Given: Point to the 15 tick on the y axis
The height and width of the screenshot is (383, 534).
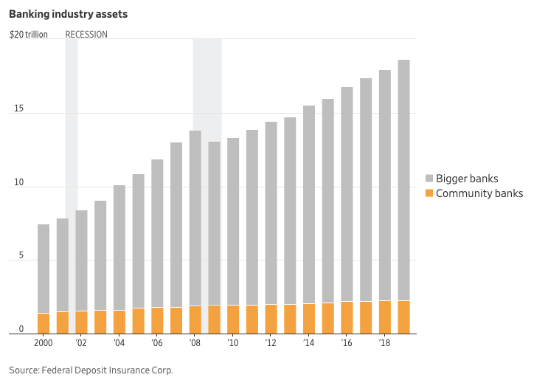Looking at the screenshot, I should [19, 109].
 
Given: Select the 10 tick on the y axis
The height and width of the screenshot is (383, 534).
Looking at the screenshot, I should [19, 183].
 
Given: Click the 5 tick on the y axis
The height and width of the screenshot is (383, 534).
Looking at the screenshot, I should [21, 257].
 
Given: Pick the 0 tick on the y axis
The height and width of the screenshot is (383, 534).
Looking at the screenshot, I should [21, 330].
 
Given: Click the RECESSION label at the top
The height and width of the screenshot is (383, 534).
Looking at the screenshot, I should [86, 35].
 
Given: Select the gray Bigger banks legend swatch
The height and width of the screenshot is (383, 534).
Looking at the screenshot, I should [430, 179].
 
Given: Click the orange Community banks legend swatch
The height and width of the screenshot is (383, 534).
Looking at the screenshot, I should [430, 193].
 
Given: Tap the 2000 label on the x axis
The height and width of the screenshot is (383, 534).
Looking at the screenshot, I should [44, 343].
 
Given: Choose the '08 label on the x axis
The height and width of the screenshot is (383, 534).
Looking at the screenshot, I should [195, 343].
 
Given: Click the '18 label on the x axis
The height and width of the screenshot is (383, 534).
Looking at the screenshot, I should [384, 343].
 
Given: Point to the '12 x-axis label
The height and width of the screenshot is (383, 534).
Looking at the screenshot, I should [271, 343].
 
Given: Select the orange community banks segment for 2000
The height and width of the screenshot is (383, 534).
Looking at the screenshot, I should [44, 323].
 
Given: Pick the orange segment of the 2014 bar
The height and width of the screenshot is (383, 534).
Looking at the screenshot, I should [308, 319].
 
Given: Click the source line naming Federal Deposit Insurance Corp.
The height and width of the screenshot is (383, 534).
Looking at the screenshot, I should [91, 370].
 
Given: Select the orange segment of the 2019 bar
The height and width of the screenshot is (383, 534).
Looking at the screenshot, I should [403, 317].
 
